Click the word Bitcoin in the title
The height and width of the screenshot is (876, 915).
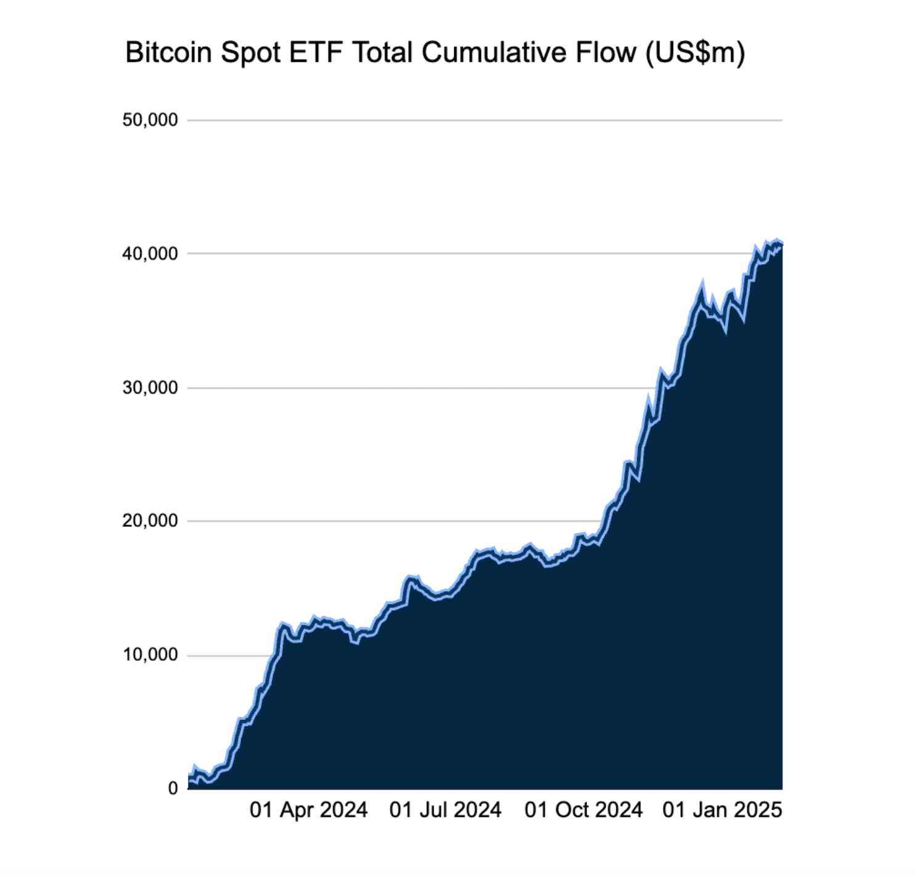click(x=168, y=52)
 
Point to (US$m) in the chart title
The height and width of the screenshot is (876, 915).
click(x=695, y=54)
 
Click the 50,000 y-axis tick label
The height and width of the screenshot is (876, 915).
click(x=150, y=120)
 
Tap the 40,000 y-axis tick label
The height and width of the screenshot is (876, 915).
click(x=150, y=254)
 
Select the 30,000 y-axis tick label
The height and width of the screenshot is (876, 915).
click(x=150, y=387)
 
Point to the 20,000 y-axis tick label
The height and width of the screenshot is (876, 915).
click(x=150, y=521)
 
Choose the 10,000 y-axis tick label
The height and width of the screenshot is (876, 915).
click(x=150, y=655)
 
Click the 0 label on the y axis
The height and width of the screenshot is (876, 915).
click(x=173, y=788)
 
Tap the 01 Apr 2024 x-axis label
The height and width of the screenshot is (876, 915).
click(x=308, y=810)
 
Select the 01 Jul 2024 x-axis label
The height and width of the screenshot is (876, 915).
click(x=445, y=810)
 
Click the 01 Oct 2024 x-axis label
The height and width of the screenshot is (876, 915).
click(x=583, y=810)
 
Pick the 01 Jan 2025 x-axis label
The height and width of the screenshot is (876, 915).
click(x=722, y=810)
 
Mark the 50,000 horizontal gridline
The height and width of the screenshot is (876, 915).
click(x=485, y=120)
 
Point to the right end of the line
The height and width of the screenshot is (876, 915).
click(x=781, y=242)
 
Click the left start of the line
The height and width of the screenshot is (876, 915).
click(x=189, y=779)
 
